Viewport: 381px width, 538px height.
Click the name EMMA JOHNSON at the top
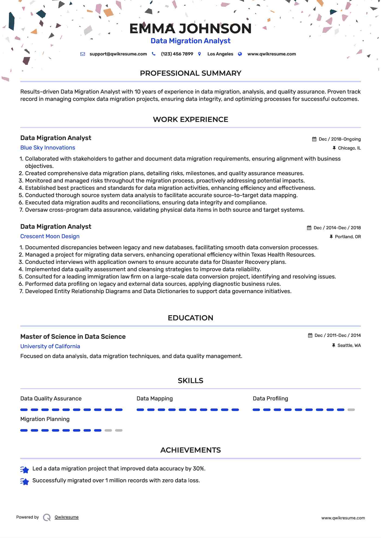pyautogui.click(x=190, y=29)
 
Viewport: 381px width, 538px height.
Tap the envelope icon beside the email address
pyautogui.click(x=83, y=54)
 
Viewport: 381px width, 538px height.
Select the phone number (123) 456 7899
pyautogui.click(x=177, y=54)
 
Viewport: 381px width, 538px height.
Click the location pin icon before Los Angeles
pyautogui.click(x=200, y=54)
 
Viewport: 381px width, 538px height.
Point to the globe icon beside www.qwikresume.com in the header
pyautogui.click(x=240, y=54)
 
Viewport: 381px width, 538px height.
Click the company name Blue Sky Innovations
pyautogui.click(x=48, y=148)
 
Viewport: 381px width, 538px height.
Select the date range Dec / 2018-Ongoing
pyautogui.click(x=340, y=139)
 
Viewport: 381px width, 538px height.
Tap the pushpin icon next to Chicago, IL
pyautogui.click(x=334, y=148)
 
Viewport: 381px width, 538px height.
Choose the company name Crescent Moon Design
pyautogui.click(x=50, y=236)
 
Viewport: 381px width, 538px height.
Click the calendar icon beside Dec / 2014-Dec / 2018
pyautogui.click(x=309, y=228)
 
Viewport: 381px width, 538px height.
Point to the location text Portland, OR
pyautogui.click(x=348, y=237)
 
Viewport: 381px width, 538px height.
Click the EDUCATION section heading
pyautogui.click(x=190, y=318)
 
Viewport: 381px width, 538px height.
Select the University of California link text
pyautogui.click(x=50, y=346)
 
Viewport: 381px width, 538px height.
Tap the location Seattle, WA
pyautogui.click(x=349, y=346)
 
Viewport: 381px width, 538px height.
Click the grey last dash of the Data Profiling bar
pyautogui.click(x=351, y=410)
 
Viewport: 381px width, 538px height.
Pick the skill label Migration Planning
pyautogui.click(x=45, y=419)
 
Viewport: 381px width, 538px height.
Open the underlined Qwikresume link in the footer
pyautogui.click(x=67, y=517)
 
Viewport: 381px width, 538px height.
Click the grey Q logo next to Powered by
pyautogui.click(x=47, y=517)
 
